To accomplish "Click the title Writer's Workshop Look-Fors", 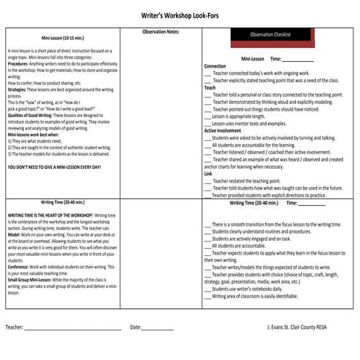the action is pyautogui.click(x=179, y=15).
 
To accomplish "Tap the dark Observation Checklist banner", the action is pyautogui.click(x=270, y=34).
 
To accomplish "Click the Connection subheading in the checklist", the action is pyautogui.click(x=215, y=65).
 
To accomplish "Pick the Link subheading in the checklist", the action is pyautogui.click(x=208, y=174).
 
